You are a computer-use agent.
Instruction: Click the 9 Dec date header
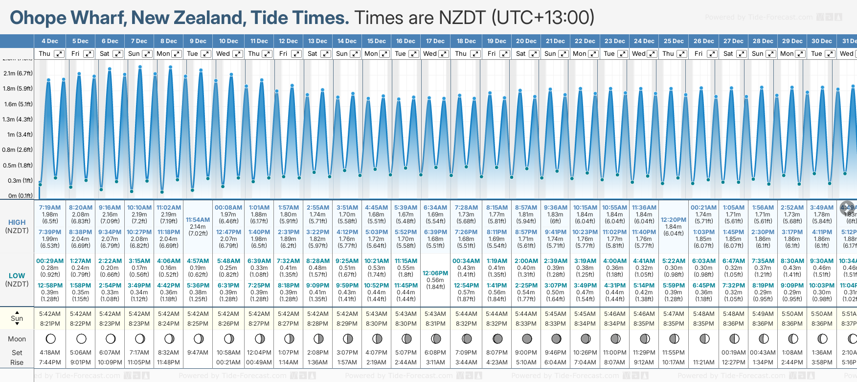click(x=198, y=41)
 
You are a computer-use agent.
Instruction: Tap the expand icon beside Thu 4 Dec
click(x=59, y=54)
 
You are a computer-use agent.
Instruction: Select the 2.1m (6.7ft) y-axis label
click(x=18, y=73)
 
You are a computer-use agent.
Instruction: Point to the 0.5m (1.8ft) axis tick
click(x=18, y=166)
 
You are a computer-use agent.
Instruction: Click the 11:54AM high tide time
click(x=198, y=220)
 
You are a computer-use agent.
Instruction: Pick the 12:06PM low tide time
click(x=435, y=273)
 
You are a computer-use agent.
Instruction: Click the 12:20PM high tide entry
click(x=674, y=220)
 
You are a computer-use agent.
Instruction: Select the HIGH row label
click(x=17, y=222)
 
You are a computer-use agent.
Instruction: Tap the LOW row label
click(x=17, y=276)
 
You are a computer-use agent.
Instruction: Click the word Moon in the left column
click(x=17, y=339)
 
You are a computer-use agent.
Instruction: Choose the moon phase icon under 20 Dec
click(x=527, y=338)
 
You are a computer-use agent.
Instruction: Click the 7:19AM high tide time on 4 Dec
click(x=50, y=208)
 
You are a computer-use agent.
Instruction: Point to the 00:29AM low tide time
click(x=50, y=261)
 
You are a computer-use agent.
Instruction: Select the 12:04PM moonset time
click(x=259, y=353)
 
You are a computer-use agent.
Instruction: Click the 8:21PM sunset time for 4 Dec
click(x=50, y=324)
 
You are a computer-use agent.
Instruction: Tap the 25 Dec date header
click(x=674, y=41)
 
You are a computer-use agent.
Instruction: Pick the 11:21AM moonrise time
click(x=703, y=362)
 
